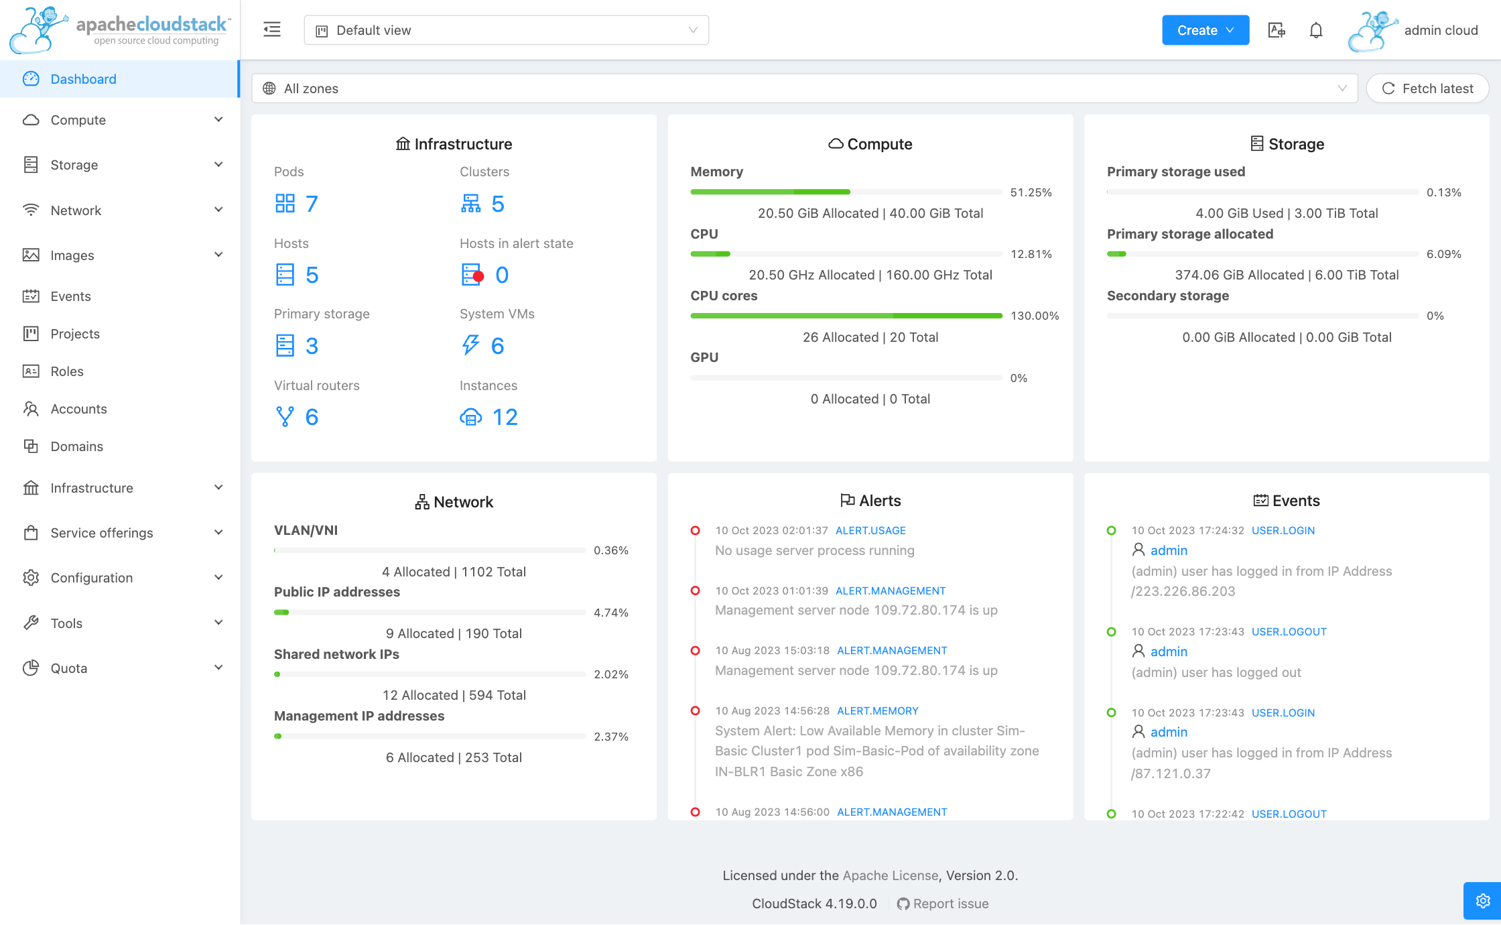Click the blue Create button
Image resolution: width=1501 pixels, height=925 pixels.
click(x=1204, y=30)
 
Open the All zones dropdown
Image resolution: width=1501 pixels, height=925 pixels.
click(x=804, y=88)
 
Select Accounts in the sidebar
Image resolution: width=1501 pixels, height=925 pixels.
click(x=78, y=409)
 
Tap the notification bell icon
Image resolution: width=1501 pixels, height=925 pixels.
click(x=1315, y=30)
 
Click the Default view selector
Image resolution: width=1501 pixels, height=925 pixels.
click(x=506, y=30)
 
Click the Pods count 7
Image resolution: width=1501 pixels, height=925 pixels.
click(x=311, y=204)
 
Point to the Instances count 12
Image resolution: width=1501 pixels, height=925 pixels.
click(x=505, y=417)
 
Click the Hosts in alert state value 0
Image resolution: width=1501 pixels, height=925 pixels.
click(x=501, y=275)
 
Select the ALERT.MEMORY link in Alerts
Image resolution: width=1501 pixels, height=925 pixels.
click(x=877, y=711)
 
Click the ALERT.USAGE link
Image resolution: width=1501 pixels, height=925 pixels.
click(x=870, y=530)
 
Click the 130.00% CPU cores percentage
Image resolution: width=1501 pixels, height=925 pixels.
click(x=1034, y=316)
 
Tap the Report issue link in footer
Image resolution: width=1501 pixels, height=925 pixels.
click(x=950, y=904)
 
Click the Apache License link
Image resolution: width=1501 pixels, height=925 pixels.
click(x=890, y=875)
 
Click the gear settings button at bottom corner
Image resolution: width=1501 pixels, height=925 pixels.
click(x=1482, y=900)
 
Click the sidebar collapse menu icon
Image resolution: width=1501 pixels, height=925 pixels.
click(x=272, y=29)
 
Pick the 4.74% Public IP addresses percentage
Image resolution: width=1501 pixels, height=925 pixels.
click(x=610, y=613)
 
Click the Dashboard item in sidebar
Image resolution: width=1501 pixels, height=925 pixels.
click(x=83, y=79)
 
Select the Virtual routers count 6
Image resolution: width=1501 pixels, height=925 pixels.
click(x=311, y=417)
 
